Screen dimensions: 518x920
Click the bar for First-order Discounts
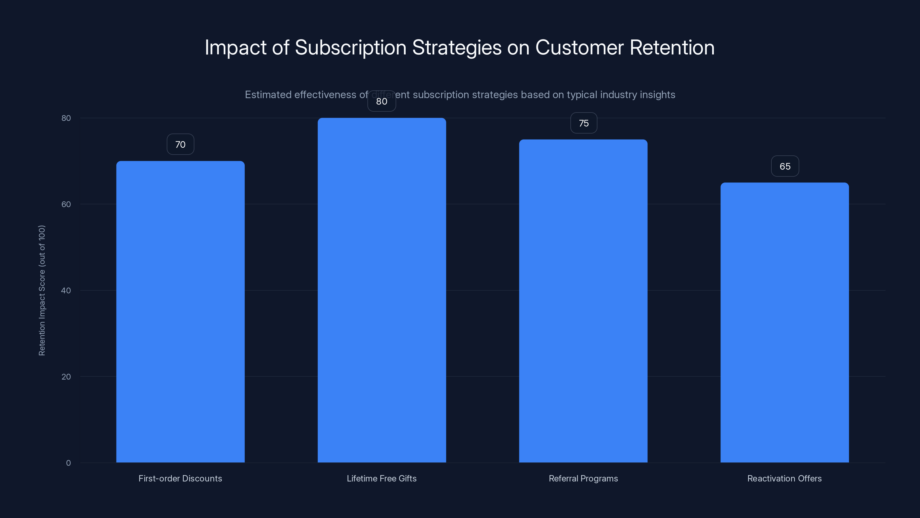pos(180,311)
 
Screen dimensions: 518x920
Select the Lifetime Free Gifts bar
pos(382,290)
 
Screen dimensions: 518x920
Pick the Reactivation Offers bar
pos(785,322)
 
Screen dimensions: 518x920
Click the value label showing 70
pos(180,144)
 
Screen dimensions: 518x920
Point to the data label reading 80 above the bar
pos(382,102)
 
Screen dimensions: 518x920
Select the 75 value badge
pos(584,123)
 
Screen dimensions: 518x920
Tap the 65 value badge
pos(785,166)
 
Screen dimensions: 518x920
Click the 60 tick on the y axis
pos(66,204)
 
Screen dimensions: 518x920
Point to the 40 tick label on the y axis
pos(66,290)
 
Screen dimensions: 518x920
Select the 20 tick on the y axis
pos(66,376)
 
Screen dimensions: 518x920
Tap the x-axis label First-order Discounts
pos(180,478)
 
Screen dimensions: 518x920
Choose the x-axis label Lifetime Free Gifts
pos(382,478)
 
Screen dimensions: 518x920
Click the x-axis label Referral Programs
pos(583,478)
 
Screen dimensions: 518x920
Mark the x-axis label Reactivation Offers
pos(785,478)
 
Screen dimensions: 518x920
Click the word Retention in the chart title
pos(672,47)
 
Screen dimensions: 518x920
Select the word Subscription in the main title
pos(350,47)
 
